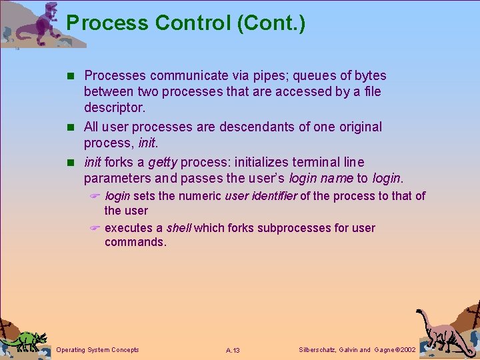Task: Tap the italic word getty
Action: (163, 163)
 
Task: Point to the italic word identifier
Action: (273, 196)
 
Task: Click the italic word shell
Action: (179, 228)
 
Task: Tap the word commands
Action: (135, 242)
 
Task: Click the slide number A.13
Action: (233, 350)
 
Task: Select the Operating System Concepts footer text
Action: (98, 349)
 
